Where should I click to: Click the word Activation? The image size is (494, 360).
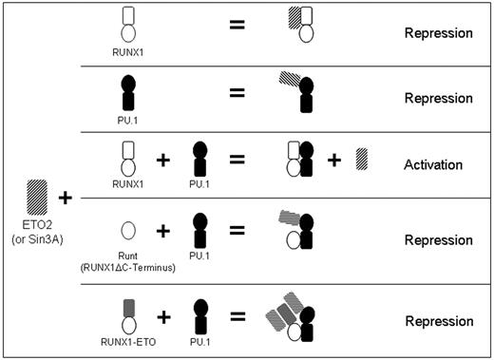coord(432,164)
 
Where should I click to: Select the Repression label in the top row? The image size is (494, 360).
coord(438,33)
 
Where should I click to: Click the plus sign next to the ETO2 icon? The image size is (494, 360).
coord(65,198)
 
